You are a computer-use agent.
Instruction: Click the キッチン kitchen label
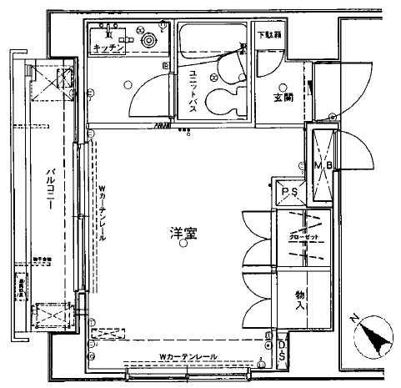(109, 48)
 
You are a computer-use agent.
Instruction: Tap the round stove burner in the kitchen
(148, 39)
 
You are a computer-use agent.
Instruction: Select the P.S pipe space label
(290, 193)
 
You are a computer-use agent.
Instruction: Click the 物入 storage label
(300, 300)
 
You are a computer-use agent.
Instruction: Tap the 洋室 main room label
(184, 234)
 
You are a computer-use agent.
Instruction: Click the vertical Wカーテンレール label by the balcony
(101, 213)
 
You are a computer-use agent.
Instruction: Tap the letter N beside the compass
(353, 320)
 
